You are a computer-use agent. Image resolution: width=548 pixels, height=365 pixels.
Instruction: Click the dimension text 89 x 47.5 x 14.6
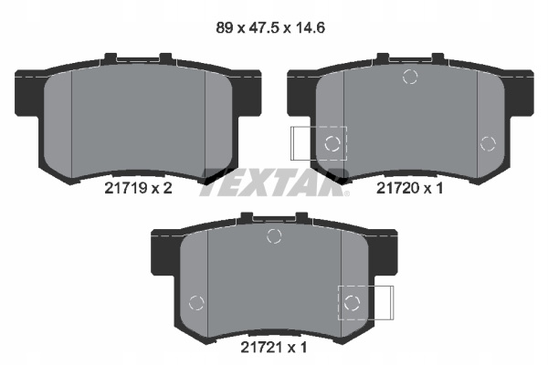pos(270,28)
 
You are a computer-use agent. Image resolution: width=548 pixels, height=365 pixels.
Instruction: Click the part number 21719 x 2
pos(139,189)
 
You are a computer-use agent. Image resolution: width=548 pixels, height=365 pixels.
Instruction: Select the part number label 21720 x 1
pos(409,189)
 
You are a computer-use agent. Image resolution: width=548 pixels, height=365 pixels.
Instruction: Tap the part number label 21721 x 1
pos(274,348)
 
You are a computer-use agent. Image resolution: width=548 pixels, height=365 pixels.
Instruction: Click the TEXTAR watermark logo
pos(274,183)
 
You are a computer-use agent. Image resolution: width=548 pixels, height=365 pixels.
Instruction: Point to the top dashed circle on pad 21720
pos(410,77)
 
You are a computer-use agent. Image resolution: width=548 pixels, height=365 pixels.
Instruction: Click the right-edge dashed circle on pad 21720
pos(488,143)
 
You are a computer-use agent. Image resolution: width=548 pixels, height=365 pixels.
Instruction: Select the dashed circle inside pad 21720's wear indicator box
pos(332,143)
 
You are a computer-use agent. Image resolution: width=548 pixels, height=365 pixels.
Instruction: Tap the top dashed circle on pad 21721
pos(274,236)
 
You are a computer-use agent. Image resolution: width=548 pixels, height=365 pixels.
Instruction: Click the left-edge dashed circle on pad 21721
pos(196,303)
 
